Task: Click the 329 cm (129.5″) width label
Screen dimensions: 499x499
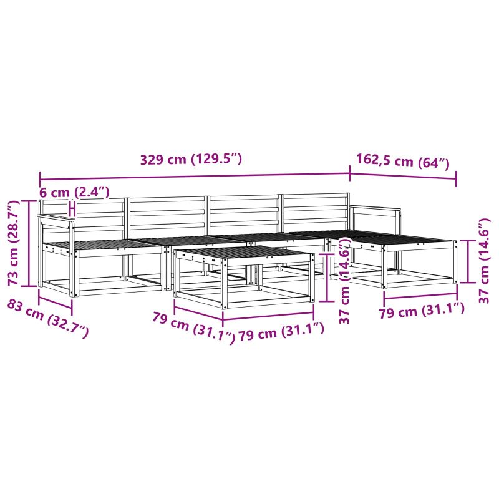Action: (x=191, y=159)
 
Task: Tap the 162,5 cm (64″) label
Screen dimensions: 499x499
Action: (x=402, y=161)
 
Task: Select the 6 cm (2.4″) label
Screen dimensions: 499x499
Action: (x=74, y=192)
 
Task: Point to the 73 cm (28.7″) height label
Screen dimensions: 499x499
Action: (x=14, y=243)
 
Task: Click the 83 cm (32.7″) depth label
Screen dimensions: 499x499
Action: (x=48, y=318)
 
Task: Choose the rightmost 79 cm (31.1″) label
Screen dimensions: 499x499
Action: (x=422, y=310)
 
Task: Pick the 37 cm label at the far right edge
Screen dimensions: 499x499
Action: (x=484, y=261)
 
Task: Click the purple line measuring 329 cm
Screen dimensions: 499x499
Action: (x=195, y=176)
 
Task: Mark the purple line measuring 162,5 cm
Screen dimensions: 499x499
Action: (x=403, y=177)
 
